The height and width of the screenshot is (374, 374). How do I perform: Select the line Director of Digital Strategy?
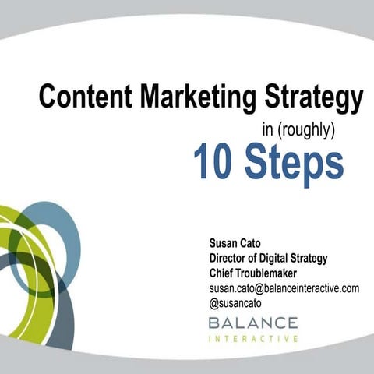click(x=268, y=259)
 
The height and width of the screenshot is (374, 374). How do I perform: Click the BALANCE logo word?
click(x=252, y=322)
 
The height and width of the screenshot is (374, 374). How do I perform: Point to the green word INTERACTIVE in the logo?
click(x=252, y=339)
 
